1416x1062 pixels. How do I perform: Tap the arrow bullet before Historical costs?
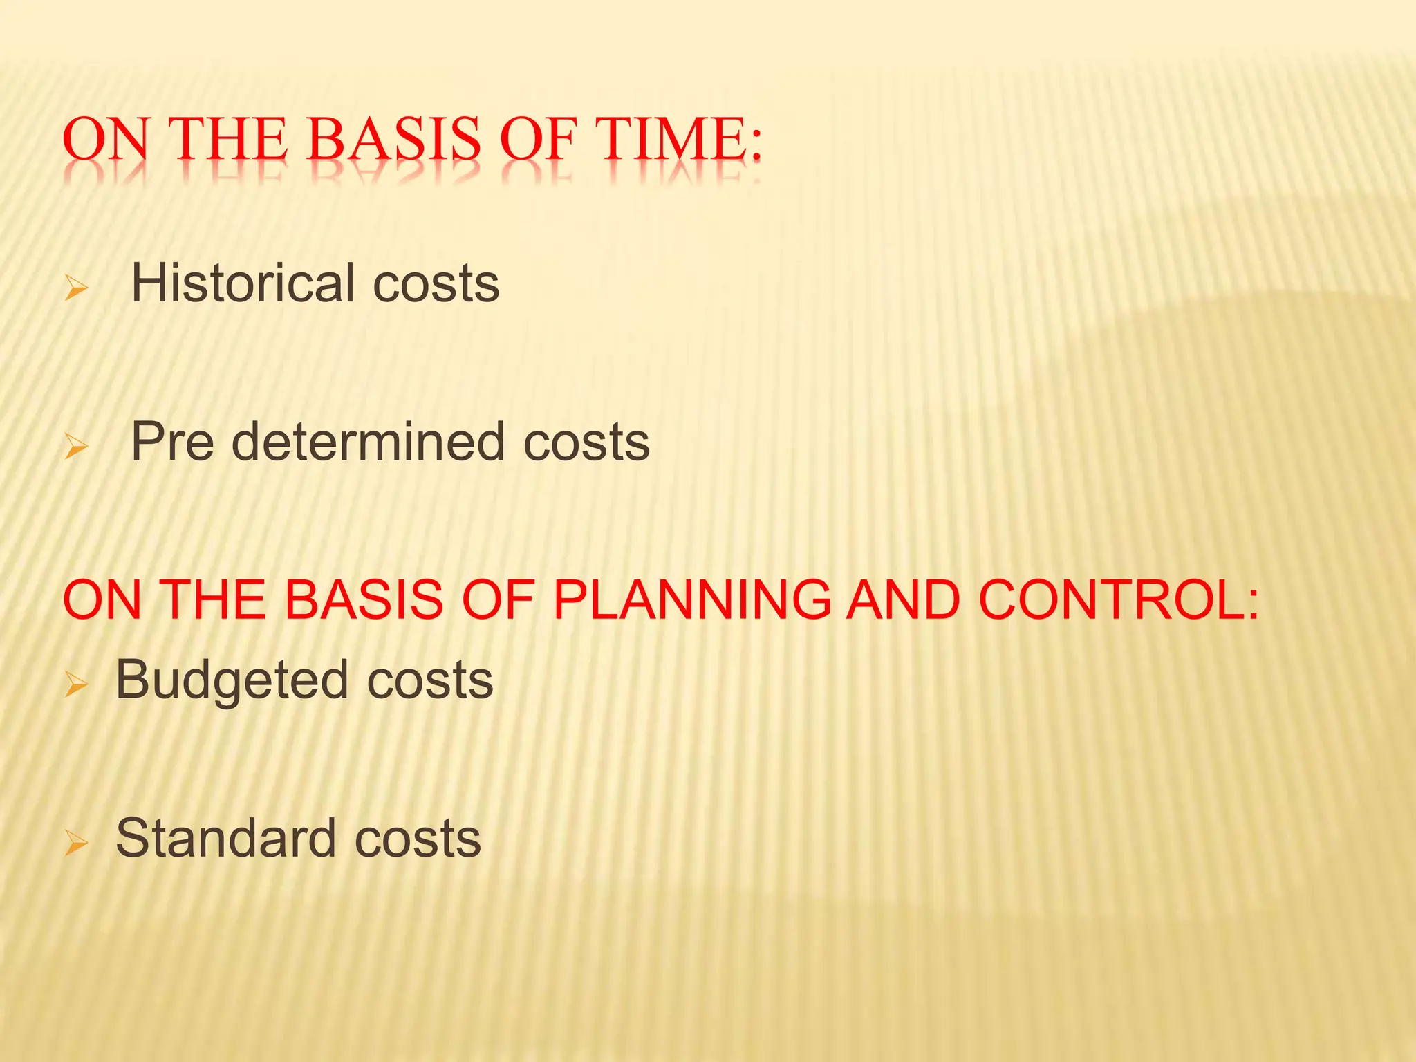pos(76,287)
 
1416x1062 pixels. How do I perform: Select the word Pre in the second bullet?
pos(172,442)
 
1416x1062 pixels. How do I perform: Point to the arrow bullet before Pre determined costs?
pos(76,446)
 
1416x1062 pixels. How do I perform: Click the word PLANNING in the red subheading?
pos(691,599)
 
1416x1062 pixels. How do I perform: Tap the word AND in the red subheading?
pos(904,599)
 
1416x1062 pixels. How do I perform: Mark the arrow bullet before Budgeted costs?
pos(76,684)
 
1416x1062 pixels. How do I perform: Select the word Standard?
pos(225,838)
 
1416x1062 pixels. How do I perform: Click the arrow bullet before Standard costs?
pos(76,843)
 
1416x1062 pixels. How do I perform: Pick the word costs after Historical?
pos(436,284)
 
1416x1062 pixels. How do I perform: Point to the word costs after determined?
pos(586,442)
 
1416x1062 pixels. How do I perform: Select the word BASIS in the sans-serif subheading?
pos(364,599)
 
